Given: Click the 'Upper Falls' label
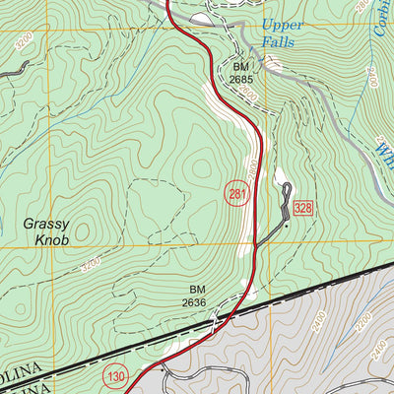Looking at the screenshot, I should (x=284, y=33).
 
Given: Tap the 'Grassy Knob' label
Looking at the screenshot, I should (x=44, y=231).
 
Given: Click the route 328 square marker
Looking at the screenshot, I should (x=302, y=207).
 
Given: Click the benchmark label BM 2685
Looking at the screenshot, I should (x=242, y=73).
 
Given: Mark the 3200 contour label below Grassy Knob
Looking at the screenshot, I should (x=91, y=265).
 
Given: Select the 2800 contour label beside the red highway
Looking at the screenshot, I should (x=254, y=167).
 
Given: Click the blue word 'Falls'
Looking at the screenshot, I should (x=283, y=42).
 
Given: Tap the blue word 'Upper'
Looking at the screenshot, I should (x=284, y=26).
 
